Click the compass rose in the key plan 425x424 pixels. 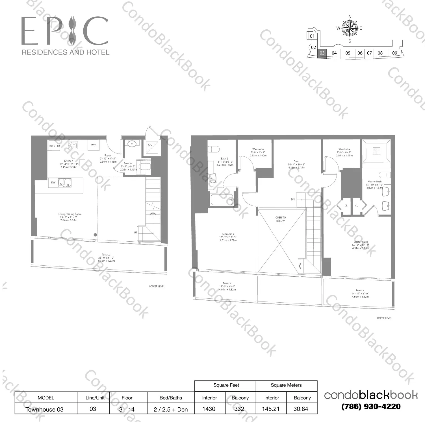(350, 29)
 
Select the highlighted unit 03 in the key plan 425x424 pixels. (322, 53)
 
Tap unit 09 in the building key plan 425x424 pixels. (395, 53)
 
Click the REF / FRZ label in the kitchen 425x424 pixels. (55, 146)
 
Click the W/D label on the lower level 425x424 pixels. (94, 145)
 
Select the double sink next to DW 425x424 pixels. (65, 183)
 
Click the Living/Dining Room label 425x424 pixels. (70, 214)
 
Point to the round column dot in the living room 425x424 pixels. (95, 235)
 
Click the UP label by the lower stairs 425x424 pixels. (136, 233)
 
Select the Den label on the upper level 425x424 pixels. (296, 161)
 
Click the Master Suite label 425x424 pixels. (361, 242)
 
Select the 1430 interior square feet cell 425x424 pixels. (209, 409)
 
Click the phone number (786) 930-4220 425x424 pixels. (371, 406)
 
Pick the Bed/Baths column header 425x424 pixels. (171, 398)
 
